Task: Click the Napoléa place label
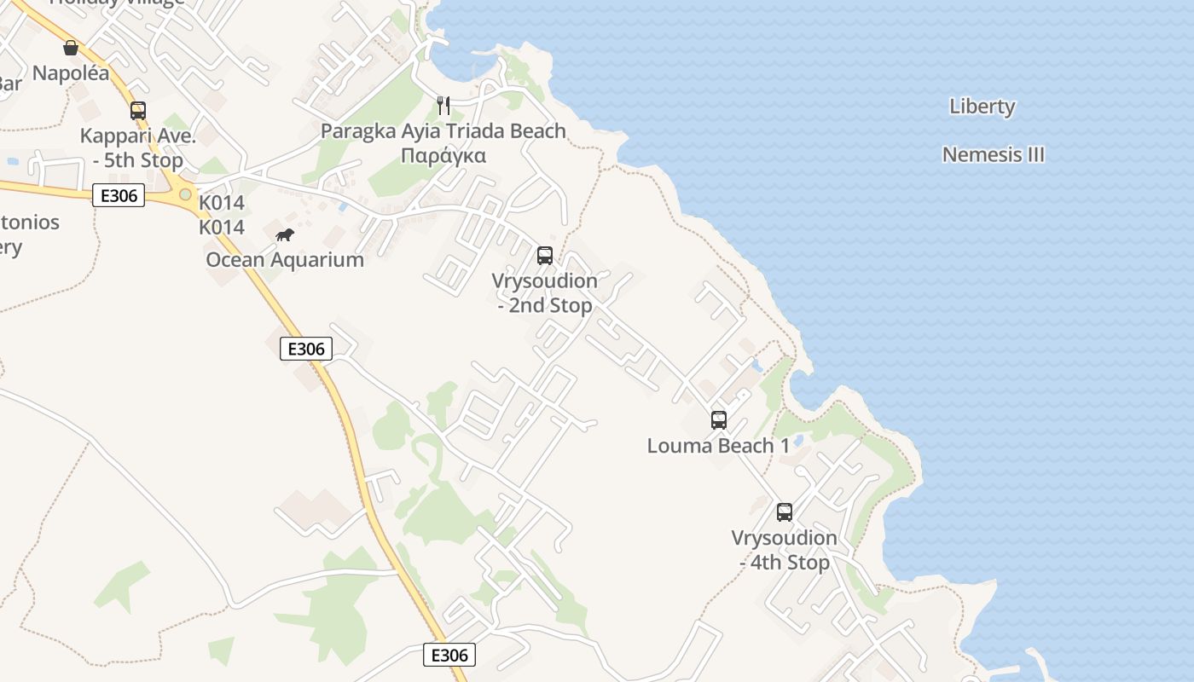pos(71,73)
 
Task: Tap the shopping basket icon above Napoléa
pos(71,48)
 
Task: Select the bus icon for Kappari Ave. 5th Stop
pos(138,110)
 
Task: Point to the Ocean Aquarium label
pos(285,260)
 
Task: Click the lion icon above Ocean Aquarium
pos(285,235)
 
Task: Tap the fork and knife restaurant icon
pos(443,106)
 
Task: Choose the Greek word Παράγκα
pos(443,156)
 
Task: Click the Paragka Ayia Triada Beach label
pos(443,131)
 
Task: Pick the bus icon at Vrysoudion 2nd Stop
pos(545,255)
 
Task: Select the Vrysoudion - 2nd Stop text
pos(545,292)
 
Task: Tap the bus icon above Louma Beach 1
pos(719,419)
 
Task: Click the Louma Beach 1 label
pos(719,446)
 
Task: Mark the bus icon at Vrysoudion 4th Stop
pos(785,512)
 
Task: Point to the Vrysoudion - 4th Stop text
pos(785,550)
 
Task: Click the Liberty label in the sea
pos(982,107)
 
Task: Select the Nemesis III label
pos(994,155)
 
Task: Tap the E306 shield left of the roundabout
pos(119,196)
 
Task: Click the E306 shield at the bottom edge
pos(449,655)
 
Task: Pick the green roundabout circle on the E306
pos(185,194)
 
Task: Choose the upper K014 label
pos(222,203)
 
